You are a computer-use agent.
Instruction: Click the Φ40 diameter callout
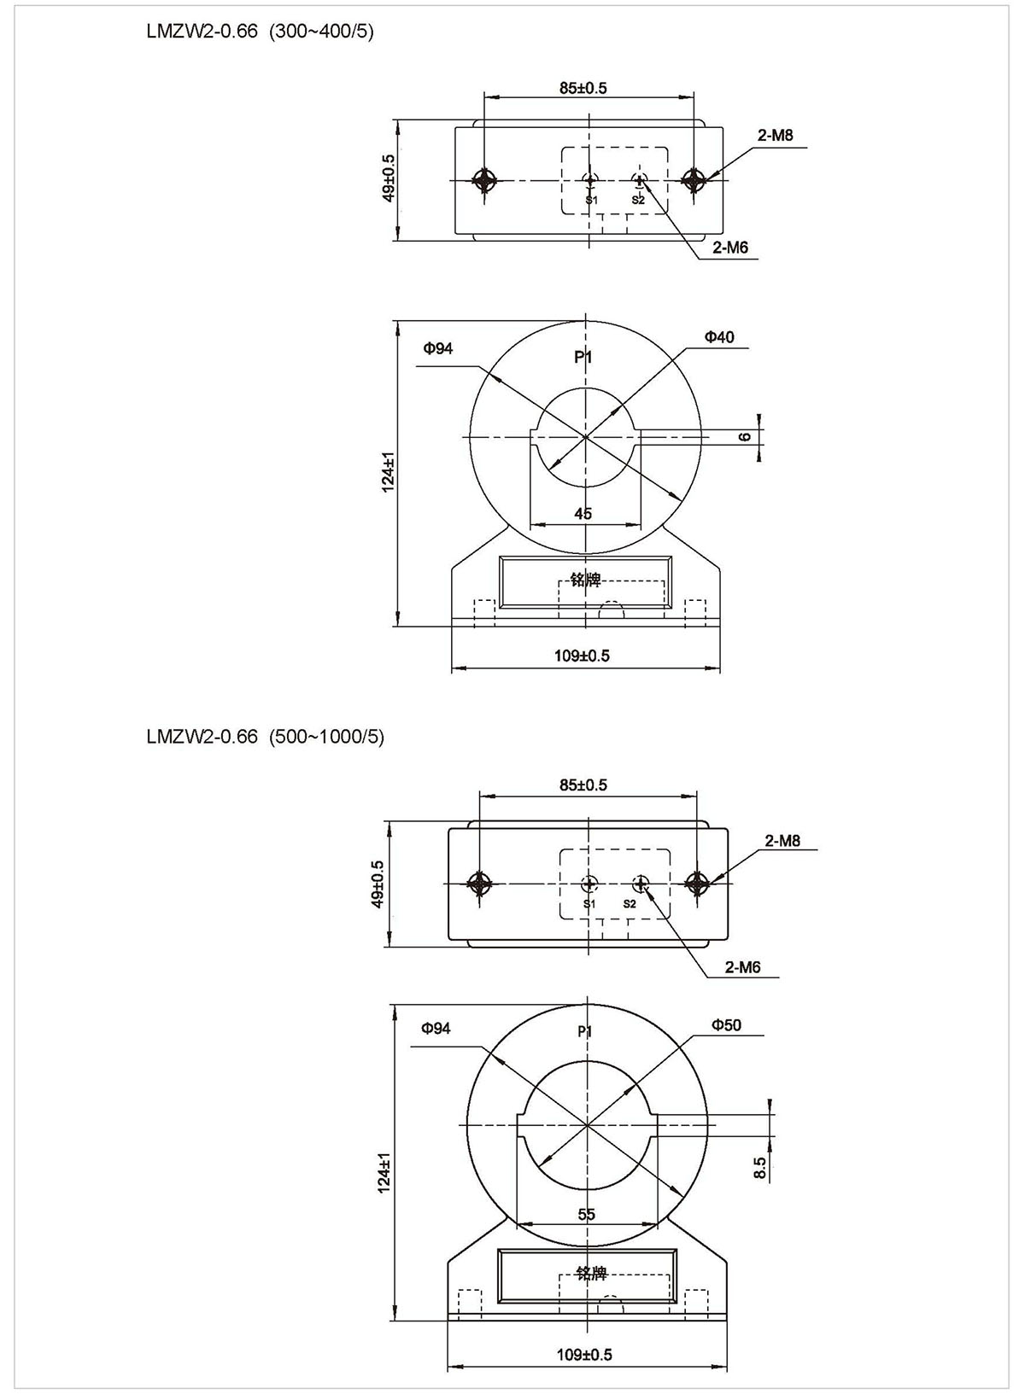pyautogui.click(x=719, y=337)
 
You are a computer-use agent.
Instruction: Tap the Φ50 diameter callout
pyautogui.click(x=726, y=1025)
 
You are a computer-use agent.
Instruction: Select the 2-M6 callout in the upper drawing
pyautogui.click(x=730, y=248)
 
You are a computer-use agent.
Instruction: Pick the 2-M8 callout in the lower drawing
pyautogui.click(x=782, y=841)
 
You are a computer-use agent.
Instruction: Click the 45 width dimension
pyautogui.click(x=583, y=514)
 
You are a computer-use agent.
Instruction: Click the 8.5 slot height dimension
pyautogui.click(x=759, y=1168)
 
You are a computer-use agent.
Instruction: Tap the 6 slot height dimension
pyautogui.click(x=745, y=436)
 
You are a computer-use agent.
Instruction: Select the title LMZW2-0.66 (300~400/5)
pyautogui.click(x=261, y=32)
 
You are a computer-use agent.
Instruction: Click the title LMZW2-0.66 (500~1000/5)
pyautogui.click(x=265, y=737)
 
